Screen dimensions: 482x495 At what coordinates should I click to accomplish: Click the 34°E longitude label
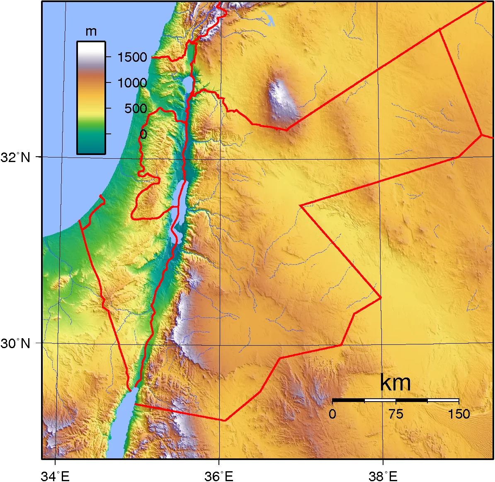[55, 476]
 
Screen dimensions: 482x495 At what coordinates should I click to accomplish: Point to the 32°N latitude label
[16, 157]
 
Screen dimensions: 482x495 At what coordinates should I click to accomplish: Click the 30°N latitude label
[16, 343]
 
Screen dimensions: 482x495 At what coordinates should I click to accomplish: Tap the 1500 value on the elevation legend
[132, 57]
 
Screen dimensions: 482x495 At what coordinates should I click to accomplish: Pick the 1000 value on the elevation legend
[132, 83]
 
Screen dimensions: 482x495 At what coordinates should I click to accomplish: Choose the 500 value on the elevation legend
[136, 109]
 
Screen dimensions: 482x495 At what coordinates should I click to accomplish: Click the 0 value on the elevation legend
[143, 134]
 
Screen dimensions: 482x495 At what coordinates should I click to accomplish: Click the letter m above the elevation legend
[91, 32]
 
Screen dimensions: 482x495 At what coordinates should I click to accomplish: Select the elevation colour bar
[91, 97]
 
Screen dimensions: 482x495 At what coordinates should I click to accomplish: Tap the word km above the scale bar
[395, 383]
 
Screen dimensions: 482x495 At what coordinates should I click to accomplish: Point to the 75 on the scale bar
[396, 414]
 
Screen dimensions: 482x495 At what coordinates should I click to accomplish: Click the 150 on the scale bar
[459, 414]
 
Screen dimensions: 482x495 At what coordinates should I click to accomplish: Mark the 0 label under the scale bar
[332, 414]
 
